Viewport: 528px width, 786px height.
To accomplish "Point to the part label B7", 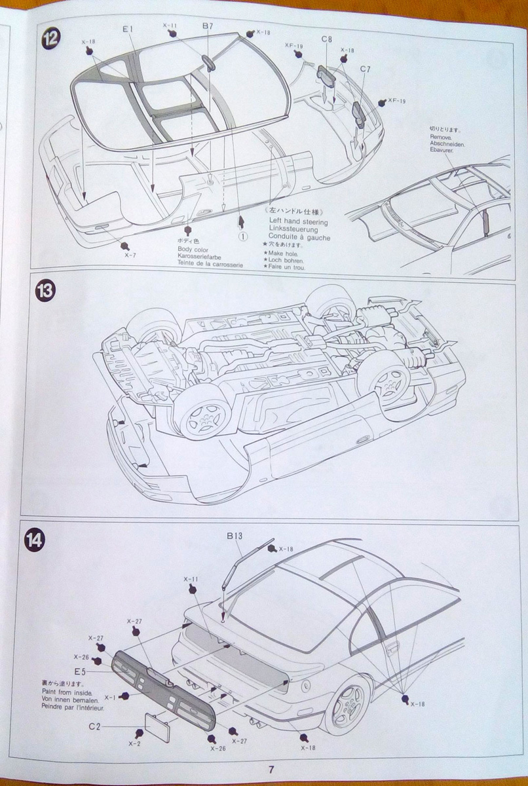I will [208, 26].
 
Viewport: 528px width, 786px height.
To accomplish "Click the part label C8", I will [327, 39].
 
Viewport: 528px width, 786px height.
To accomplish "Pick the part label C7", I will [365, 68].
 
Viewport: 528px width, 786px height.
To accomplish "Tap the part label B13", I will [235, 536].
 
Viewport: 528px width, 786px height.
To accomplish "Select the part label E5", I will [81, 671].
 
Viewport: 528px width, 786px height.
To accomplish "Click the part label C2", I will [96, 726].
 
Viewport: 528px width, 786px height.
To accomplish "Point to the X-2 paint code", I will [134, 743].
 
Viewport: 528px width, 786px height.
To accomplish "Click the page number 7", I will [271, 770].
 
